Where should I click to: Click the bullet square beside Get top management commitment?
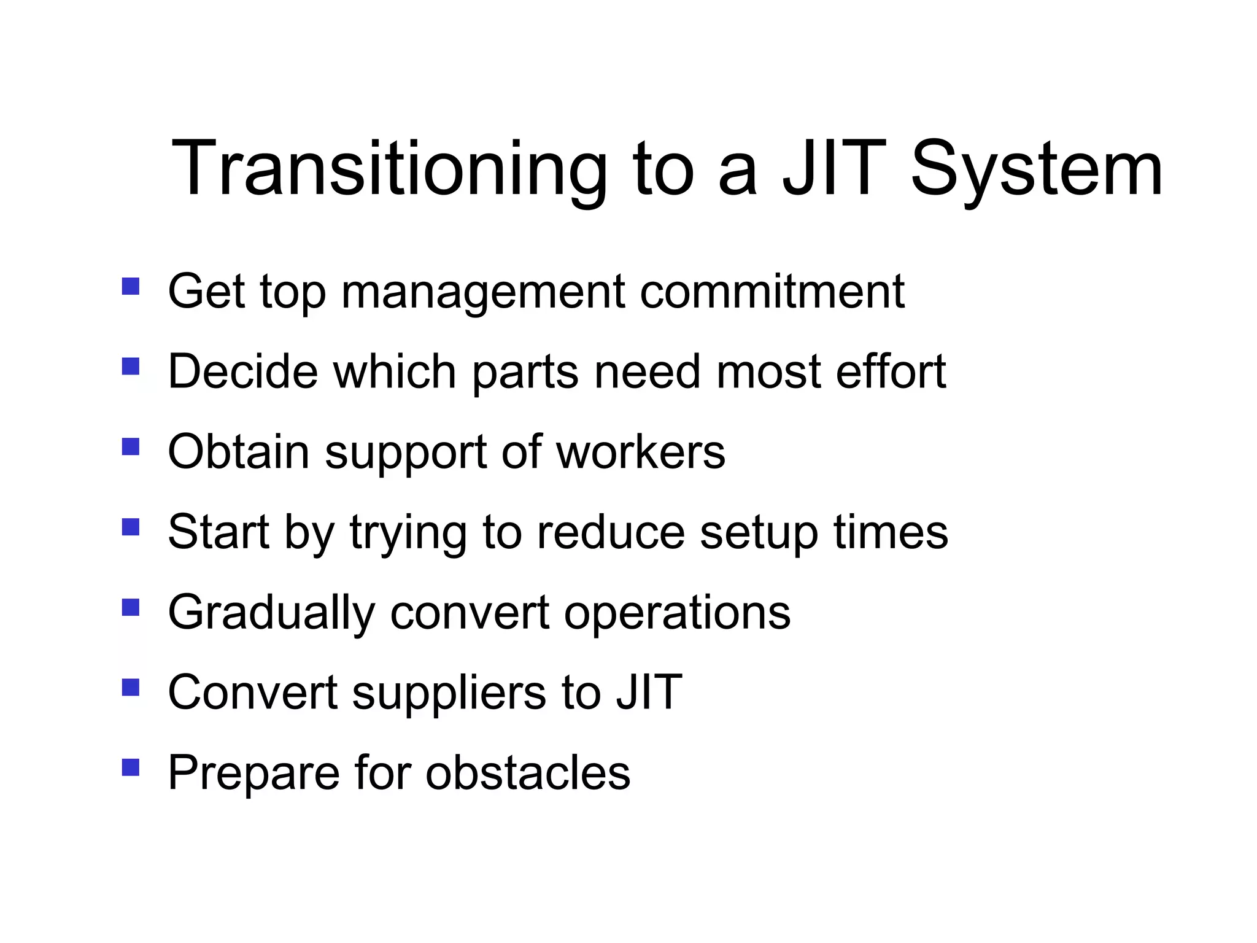tap(131, 287)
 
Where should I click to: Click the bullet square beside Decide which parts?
tap(131, 367)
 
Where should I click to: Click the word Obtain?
tap(239, 452)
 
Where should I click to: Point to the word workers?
tap(641, 452)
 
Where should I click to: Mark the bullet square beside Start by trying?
tap(131, 527)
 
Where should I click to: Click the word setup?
tap(759, 533)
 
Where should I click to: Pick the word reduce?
tap(611, 532)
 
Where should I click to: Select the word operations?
tap(677, 613)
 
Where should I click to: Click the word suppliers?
tap(449, 693)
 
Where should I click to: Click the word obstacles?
tap(528, 772)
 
